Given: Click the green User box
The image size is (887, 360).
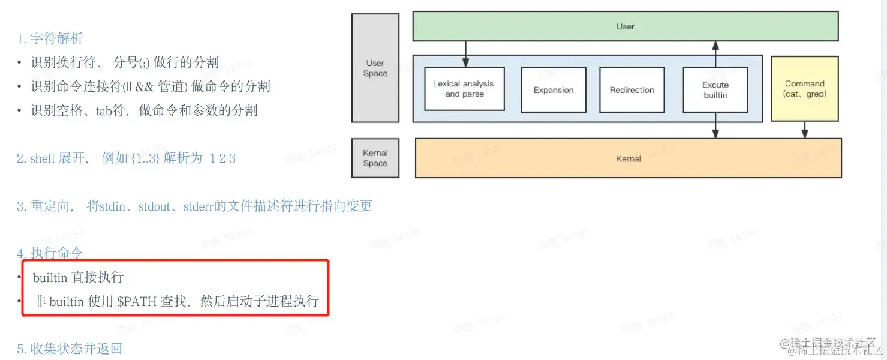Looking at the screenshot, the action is coord(625,26).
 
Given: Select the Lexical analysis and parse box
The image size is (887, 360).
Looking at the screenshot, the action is coord(464,89).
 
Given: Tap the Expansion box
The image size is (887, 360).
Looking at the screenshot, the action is coord(553,90).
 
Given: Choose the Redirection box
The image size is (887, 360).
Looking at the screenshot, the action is coord(632,90).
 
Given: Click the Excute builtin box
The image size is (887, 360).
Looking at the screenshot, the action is coord(715,90).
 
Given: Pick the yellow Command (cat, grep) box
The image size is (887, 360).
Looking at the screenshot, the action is coord(804,89).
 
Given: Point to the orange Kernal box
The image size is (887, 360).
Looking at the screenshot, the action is coord(628,158).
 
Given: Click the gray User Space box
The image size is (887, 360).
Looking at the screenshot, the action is coord(375,68).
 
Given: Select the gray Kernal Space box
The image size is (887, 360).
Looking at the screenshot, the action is coord(375,158).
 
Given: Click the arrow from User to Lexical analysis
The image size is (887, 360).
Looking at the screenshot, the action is coord(465,54).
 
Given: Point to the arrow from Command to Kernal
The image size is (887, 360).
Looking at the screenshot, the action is coord(805,130).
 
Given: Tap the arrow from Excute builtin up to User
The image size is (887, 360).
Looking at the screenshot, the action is coord(715,54).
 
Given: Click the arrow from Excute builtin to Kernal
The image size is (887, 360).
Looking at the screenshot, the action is coord(715,126).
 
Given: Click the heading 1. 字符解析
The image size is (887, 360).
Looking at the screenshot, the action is coord(50,39).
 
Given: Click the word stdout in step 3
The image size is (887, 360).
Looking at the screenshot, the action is coord(154,206).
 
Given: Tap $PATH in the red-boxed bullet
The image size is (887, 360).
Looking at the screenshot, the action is coord(137,301).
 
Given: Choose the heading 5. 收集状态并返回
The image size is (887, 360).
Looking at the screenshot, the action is coord(69,349).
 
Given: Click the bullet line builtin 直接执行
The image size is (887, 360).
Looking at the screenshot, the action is coord(78,277).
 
